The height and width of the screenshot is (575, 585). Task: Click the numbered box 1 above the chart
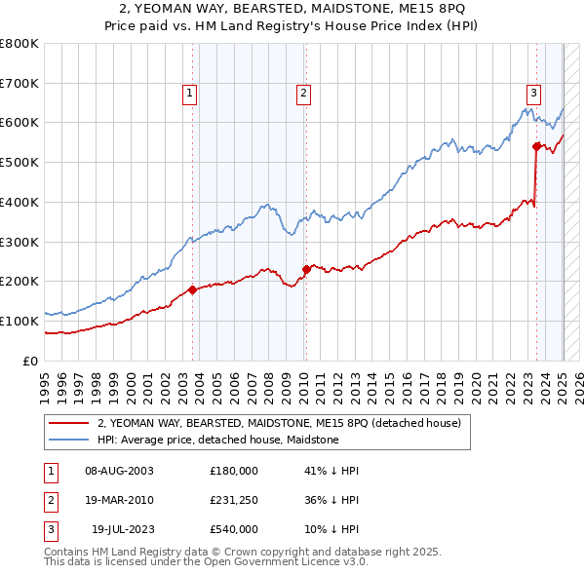189,94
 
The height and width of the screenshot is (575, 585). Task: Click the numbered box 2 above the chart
304,94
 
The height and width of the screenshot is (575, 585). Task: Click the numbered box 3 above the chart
534,94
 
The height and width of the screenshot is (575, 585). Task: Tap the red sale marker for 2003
192,289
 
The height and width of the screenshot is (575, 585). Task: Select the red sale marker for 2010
306,269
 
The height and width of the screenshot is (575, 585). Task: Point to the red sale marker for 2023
536,146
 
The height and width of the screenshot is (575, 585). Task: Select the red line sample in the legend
69,424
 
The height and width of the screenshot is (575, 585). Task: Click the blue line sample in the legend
69,440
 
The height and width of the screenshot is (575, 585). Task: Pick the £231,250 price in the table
234,500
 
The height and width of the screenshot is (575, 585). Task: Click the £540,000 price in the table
234,529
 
